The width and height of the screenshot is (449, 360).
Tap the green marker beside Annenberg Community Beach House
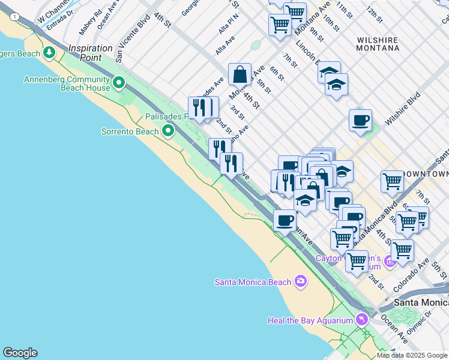click(x=119, y=82)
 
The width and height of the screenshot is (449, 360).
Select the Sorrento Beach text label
click(x=130, y=131)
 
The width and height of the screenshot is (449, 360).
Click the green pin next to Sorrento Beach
click(x=168, y=130)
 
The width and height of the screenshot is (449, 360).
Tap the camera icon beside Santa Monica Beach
click(x=301, y=281)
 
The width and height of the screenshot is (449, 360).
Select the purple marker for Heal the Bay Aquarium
click(x=361, y=319)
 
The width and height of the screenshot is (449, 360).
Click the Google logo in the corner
click(x=20, y=353)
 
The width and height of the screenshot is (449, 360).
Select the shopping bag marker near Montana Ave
click(x=240, y=74)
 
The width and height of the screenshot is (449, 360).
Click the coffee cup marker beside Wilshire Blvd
click(x=360, y=120)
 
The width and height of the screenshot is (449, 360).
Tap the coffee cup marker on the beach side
click(x=285, y=220)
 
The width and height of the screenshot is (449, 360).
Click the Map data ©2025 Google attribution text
click(x=412, y=355)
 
